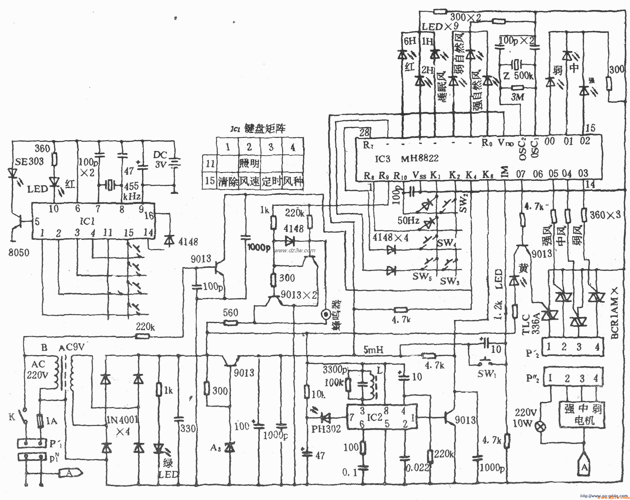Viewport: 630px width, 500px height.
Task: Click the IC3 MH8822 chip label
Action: pos(406,158)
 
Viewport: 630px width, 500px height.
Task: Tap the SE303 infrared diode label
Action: pos(29,161)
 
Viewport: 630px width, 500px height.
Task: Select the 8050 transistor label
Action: pos(19,252)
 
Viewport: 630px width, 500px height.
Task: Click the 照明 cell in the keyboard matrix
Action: pos(249,163)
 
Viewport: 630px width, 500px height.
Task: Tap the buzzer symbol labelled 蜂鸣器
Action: pos(325,314)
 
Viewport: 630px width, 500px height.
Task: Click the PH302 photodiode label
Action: pos(326,429)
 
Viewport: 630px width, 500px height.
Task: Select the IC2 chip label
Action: pos(374,417)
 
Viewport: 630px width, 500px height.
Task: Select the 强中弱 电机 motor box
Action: pos(582,415)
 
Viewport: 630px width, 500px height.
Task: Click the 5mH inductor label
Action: pos(373,349)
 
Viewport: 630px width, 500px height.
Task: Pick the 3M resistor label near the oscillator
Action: pos(517,97)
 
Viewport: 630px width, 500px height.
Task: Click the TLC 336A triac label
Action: pos(531,324)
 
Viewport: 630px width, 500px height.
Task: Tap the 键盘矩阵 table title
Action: pos(265,129)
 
